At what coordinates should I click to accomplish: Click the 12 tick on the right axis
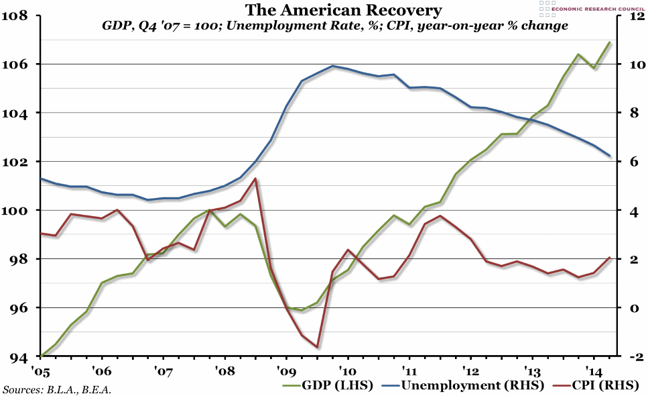(x=635, y=15)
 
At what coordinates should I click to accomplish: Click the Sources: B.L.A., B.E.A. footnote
(x=57, y=389)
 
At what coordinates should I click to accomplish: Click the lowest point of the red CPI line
(x=316, y=347)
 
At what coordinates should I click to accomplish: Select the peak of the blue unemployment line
(x=332, y=66)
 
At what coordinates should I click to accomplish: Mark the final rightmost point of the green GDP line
(x=609, y=42)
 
